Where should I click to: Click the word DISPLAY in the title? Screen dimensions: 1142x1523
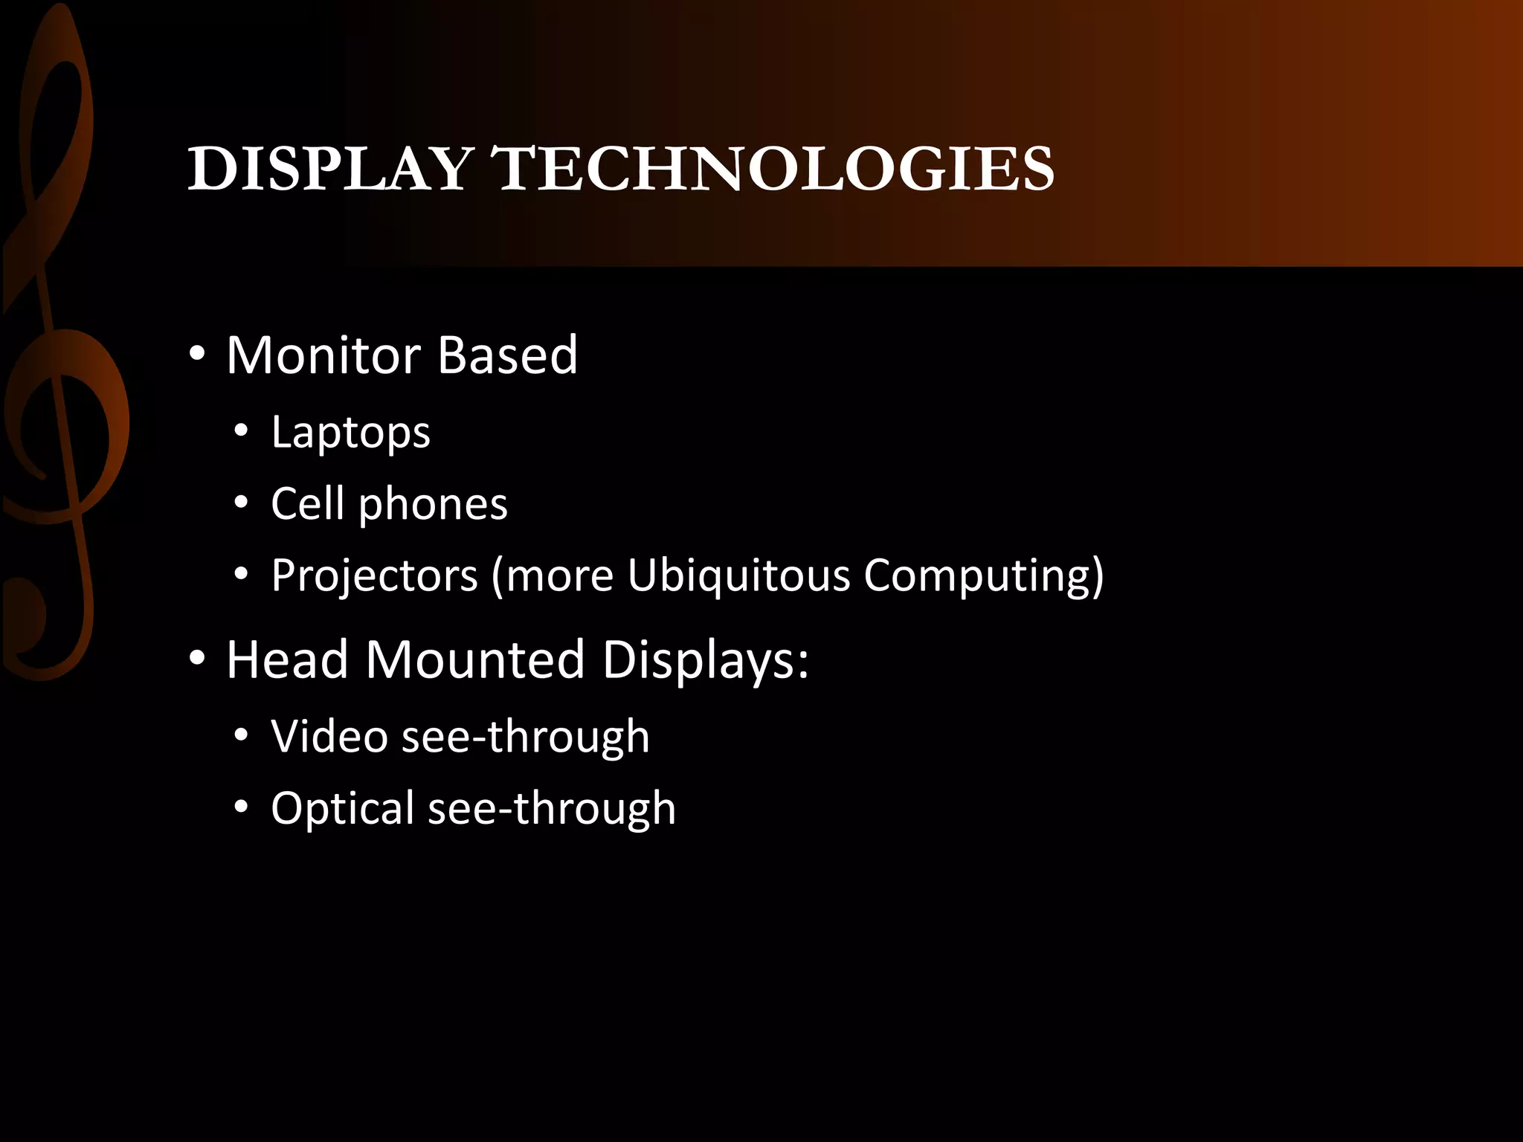[x=330, y=169]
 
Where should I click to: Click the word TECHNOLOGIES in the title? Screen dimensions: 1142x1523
[x=773, y=169]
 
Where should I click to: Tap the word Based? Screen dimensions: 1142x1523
[x=507, y=355]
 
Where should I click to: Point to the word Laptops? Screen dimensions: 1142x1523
[x=350, y=433]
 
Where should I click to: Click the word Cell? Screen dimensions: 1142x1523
[x=307, y=503]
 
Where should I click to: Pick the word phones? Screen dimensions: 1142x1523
[x=433, y=506]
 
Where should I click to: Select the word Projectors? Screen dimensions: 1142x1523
[x=374, y=576]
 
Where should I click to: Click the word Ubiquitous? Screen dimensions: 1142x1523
[x=738, y=576]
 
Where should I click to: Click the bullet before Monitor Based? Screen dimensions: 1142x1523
[x=196, y=355]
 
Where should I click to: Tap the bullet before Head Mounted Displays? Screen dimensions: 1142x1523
[x=196, y=659]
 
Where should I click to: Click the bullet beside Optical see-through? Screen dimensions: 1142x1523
[x=240, y=807]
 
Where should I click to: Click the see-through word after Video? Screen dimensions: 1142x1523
[x=525, y=737]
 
